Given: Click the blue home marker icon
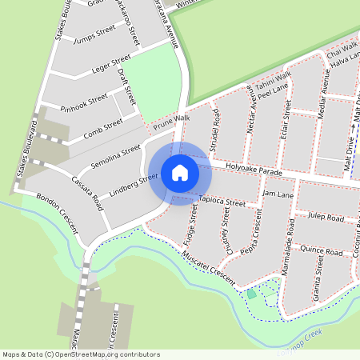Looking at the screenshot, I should coord(180,173).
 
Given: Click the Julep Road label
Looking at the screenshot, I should coord(326,218).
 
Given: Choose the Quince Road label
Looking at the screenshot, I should coord(322,249).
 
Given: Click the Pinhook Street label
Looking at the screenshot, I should coord(83,102).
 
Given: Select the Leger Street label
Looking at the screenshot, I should coord(110,62).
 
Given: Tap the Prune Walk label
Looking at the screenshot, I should coord(170,122).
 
